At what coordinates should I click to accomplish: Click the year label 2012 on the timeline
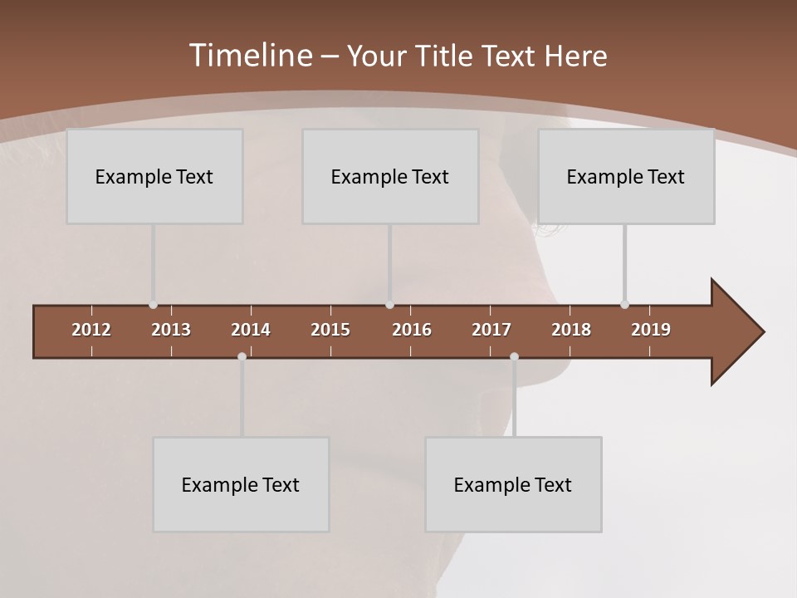point(91,330)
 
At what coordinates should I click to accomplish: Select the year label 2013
point(171,330)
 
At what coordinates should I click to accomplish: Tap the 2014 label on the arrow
point(251,330)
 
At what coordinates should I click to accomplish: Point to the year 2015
point(330,330)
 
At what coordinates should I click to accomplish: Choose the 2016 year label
point(412,330)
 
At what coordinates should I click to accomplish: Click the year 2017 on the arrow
point(491,330)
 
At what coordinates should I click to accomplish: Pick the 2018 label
point(571,330)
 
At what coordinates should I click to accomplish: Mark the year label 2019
point(651,330)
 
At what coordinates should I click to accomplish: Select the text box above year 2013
point(154,177)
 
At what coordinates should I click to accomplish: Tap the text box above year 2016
point(390,177)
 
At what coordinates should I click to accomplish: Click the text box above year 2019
point(626,177)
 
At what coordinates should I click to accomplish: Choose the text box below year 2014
point(241,485)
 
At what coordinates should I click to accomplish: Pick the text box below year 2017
point(513,485)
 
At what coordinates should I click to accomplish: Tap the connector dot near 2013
point(154,305)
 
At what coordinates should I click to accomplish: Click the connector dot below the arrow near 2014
point(242,356)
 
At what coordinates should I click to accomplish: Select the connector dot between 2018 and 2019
point(624,305)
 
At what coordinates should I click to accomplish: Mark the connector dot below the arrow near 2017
point(514,356)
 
